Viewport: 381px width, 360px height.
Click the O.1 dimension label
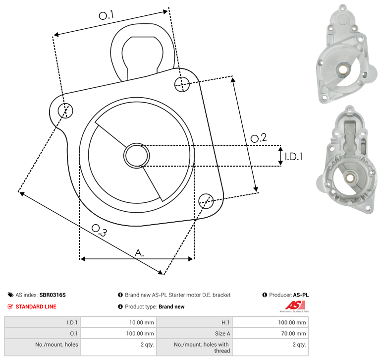pyautogui.click(x=106, y=15)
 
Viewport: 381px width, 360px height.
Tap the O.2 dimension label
pyautogui.click(x=259, y=138)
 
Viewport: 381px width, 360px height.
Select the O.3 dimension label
pyautogui.click(x=99, y=230)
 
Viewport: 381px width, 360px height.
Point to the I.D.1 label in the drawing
pyautogui.click(x=294, y=157)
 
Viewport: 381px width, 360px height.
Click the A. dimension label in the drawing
pyautogui.click(x=139, y=253)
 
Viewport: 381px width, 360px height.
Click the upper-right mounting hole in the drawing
pyautogui.click(x=182, y=84)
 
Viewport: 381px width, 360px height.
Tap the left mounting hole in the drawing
pyautogui.click(x=65, y=111)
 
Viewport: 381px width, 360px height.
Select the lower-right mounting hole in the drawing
pyautogui.click(x=206, y=201)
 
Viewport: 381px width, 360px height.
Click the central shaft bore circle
pyautogui.click(x=137, y=156)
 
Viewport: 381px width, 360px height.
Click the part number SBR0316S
pyautogui.click(x=53, y=295)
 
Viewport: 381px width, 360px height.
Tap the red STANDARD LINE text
pyautogui.click(x=36, y=306)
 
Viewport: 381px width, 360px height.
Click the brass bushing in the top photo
pyautogui.click(x=343, y=70)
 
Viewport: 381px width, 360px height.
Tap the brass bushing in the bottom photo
pyautogui.click(x=349, y=178)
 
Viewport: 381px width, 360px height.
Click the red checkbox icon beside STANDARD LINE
pyautogui.click(x=10, y=306)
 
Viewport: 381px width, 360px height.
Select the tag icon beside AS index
pyautogui.click(x=10, y=295)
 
